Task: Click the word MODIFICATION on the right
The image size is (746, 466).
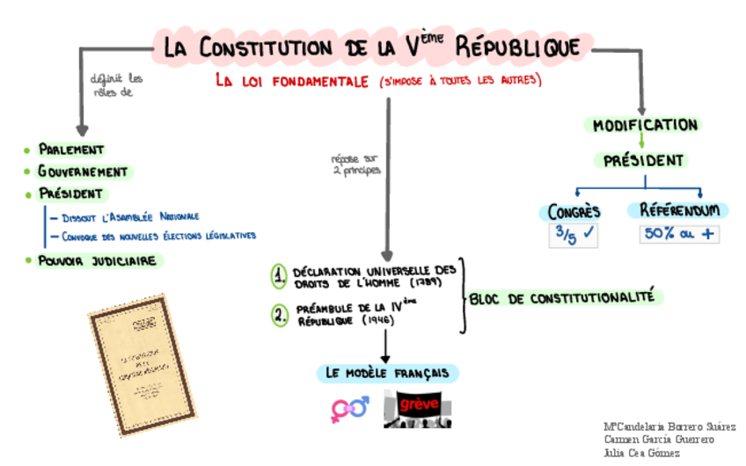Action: point(645,125)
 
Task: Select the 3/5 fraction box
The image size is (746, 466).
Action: point(574,235)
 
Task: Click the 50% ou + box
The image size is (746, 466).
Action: point(677,235)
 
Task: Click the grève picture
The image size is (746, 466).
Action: point(418,408)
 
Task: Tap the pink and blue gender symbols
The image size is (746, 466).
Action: point(349,409)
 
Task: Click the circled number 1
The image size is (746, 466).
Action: point(280,277)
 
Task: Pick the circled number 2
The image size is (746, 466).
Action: point(280,315)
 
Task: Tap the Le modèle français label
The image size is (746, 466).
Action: point(387,373)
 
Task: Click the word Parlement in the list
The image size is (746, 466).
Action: point(71,150)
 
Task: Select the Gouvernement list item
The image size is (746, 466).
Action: point(83,172)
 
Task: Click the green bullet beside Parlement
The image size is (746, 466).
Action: point(27,150)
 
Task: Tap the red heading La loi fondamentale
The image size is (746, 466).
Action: point(293,81)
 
